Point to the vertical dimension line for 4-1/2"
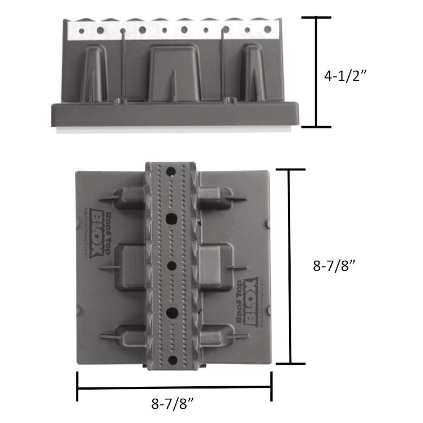315,72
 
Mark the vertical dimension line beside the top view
290,266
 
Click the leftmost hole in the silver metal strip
81,31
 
